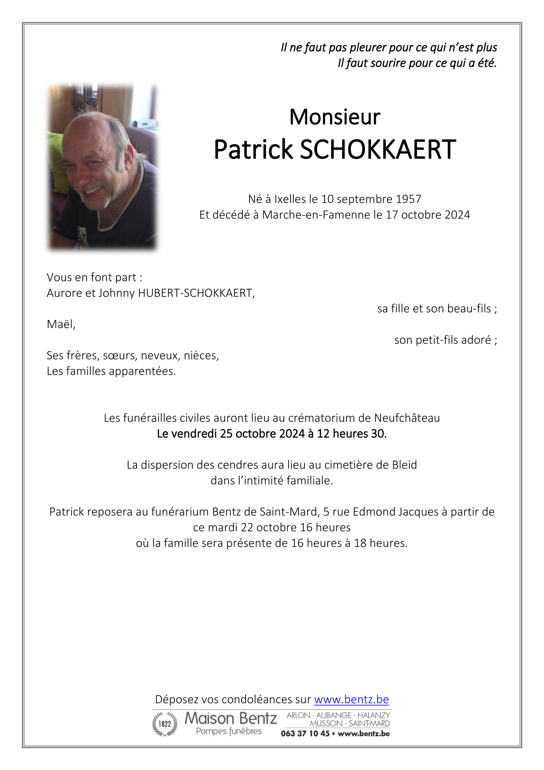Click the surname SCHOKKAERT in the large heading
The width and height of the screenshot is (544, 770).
click(378, 150)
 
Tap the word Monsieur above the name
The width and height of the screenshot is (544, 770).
click(335, 117)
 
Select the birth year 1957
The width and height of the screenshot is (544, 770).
click(409, 199)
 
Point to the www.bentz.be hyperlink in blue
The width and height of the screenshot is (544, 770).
click(351, 700)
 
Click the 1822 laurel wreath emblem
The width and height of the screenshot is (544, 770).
click(165, 724)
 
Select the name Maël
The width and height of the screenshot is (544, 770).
click(60, 324)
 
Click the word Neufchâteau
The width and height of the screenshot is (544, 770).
click(407, 418)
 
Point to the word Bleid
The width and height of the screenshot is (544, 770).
click(404, 465)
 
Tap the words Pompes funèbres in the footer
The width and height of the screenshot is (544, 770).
click(229, 731)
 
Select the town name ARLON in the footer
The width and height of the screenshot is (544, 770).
click(299, 715)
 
